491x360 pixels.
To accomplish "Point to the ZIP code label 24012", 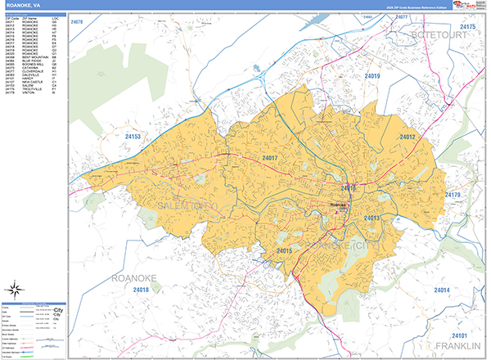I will tap(408, 137).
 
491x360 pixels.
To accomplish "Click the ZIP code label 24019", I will tap(372, 76).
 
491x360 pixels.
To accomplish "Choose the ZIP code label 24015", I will tap(284, 250).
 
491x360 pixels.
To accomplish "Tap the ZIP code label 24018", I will tap(140, 290).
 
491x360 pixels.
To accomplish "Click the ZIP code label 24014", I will tap(442, 290).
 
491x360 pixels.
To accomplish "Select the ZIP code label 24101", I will tap(458, 335).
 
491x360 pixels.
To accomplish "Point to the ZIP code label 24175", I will tap(467, 27).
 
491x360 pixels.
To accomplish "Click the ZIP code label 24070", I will tap(78, 21).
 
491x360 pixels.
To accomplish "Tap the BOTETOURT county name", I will tap(444, 36).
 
